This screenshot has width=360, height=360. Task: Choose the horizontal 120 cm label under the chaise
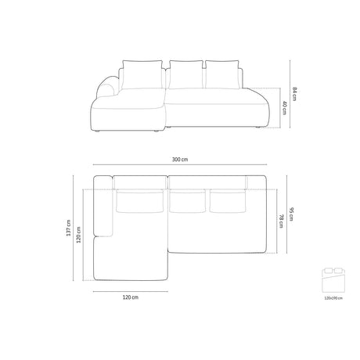coord(131,298)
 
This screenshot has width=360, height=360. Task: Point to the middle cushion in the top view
coord(186,201)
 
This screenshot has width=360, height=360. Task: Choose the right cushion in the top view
coord(226,201)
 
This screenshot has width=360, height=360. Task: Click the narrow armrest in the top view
coord(104,211)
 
